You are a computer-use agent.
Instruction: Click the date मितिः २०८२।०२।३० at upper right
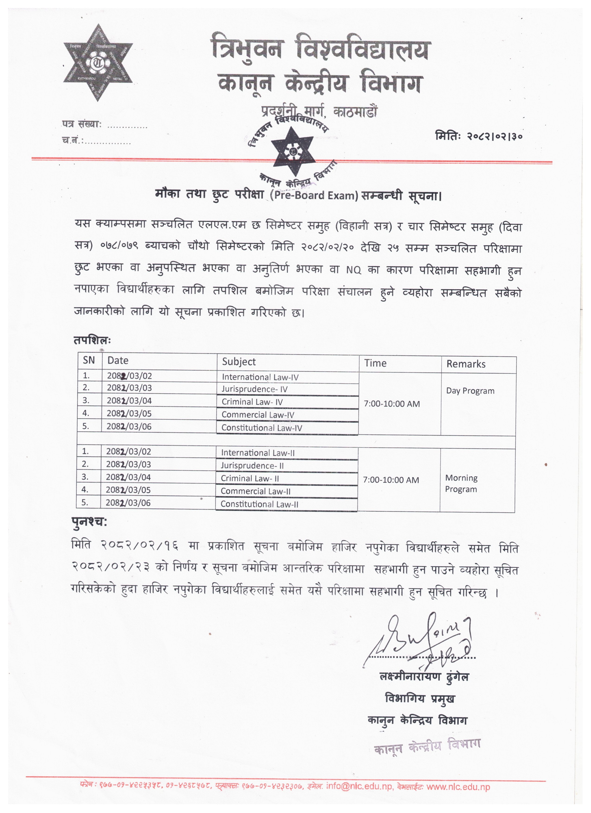click(x=478, y=136)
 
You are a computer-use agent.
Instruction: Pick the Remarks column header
click(x=466, y=364)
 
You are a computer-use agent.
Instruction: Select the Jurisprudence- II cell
click(x=252, y=466)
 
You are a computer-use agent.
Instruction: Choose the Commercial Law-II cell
click(x=256, y=491)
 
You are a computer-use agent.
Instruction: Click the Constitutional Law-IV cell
click(x=262, y=428)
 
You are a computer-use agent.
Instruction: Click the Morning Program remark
click(x=461, y=484)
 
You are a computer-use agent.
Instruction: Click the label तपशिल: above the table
click(x=92, y=340)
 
